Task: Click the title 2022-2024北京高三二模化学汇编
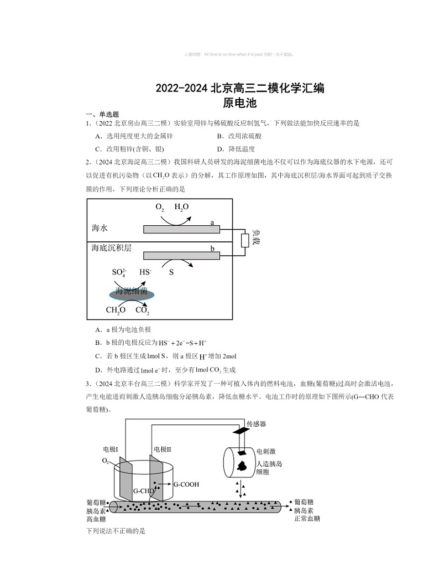click(239, 88)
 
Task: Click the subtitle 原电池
click(239, 102)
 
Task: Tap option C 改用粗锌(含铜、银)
click(130, 149)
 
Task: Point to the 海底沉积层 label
click(112, 248)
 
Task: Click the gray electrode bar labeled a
click(181, 229)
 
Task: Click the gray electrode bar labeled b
click(181, 255)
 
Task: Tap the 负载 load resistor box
click(245, 241)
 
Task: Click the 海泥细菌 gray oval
click(132, 293)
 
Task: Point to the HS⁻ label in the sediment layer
click(145, 272)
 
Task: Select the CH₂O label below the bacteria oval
click(116, 310)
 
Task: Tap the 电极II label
click(163, 449)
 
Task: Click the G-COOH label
click(186, 484)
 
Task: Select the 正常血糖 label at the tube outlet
click(307, 519)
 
